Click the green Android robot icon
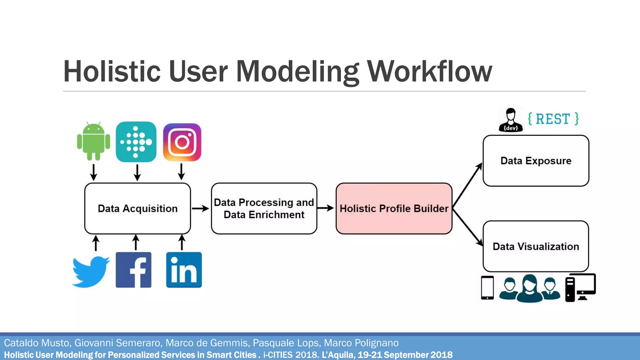(x=93, y=142)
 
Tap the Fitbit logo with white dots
(x=136, y=142)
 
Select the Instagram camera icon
(x=182, y=142)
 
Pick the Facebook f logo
(x=133, y=270)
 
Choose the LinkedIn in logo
(x=184, y=270)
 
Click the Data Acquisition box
(x=137, y=208)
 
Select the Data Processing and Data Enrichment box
(x=264, y=208)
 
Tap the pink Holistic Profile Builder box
(x=394, y=208)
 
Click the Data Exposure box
(x=536, y=161)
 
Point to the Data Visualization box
(x=536, y=246)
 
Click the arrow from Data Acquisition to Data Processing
(x=200, y=208)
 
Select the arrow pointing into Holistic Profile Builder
(x=326, y=208)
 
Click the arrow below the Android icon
(x=93, y=172)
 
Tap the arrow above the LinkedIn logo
(x=182, y=242)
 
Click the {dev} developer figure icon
(x=511, y=120)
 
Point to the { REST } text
(x=553, y=119)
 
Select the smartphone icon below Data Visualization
(x=487, y=288)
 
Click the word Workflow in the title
(x=429, y=72)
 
